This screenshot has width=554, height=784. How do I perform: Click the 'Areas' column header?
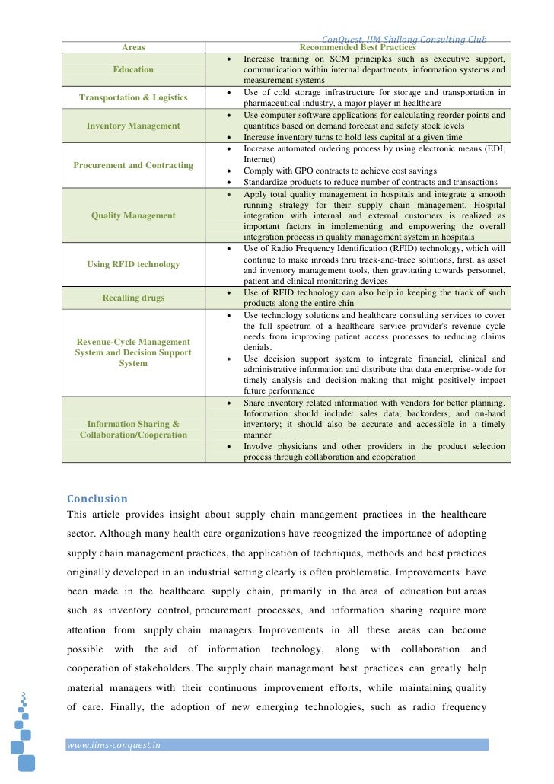pos(133,47)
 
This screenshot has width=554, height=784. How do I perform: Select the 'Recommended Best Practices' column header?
pos(358,47)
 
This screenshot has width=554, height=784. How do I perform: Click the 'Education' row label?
pos(133,69)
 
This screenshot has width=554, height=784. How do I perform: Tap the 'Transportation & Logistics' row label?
pos(133,97)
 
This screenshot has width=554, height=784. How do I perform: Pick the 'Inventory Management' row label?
pos(133,126)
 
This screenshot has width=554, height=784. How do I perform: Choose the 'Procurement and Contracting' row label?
pos(133,165)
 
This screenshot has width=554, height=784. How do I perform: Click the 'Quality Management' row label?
pos(133,215)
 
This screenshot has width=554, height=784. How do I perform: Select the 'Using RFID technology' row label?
pos(133,264)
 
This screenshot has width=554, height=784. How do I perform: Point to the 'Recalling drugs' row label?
pos(133,298)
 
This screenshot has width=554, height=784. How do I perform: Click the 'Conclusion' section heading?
pos(97,499)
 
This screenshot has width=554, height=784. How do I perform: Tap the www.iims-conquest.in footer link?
pos(114,746)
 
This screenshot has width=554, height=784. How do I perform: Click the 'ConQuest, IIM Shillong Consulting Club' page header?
pos(404,39)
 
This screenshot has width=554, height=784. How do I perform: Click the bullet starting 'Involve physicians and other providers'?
pos(373,451)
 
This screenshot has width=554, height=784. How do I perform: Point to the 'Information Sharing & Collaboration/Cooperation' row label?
pos(133,429)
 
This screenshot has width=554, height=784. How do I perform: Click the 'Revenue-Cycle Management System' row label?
pos(133,352)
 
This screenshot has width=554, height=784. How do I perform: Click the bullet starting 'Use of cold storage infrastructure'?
pos(373,97)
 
